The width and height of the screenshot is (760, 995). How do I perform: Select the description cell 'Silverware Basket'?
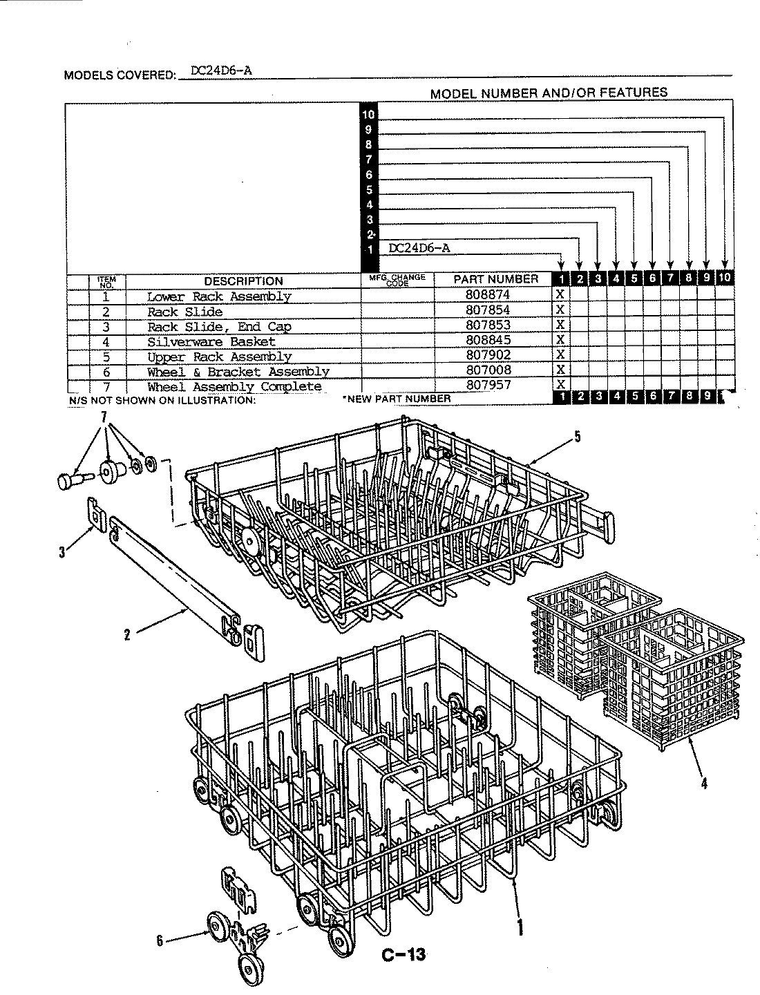pyautogui.click(x=211, y=341)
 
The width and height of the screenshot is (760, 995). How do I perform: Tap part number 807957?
pyautogui.click(x=488, y=385)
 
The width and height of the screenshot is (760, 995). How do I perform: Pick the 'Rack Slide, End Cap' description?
pyautogui.click(x=219, y=326)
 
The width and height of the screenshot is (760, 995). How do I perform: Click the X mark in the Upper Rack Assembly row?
pyautogui.click(x=560, y=355)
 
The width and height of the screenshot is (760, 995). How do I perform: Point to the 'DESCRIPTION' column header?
pyautogui.click(x=243, y=281)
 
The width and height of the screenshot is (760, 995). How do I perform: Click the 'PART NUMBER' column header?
pyautogui.click(x=495, y=279)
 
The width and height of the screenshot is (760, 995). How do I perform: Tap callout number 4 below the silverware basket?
pyautogui.click(x=704, y=784)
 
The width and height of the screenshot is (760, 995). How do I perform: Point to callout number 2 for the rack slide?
pyautogui.click(x=127, y=634)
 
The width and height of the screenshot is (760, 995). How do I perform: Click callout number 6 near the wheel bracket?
pyautogui.click(x=160, y=940)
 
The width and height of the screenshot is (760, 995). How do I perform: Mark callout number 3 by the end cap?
pyautogui.click(x=62, y=552)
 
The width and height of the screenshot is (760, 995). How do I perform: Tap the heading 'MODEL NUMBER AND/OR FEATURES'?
pyautogui.click(x=549, y=93)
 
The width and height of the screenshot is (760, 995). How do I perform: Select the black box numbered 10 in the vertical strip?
pyautogui.click(x=370, y=114)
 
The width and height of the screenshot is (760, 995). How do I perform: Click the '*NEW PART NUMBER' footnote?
pyautogui.click(x=397, y=399)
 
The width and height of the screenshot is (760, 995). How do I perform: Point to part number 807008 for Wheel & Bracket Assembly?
pyautogui.click(x=488, y=370)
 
